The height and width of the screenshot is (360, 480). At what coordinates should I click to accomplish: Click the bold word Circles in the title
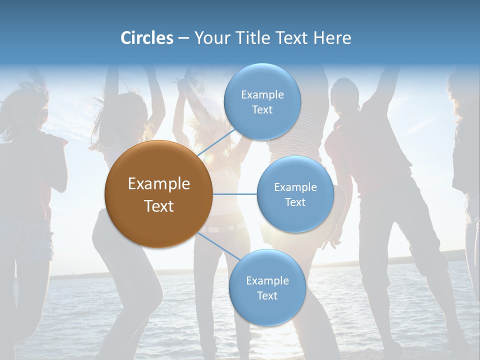click(x=146, y=38)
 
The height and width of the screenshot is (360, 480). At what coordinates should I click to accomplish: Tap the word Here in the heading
click(x=332, y=38)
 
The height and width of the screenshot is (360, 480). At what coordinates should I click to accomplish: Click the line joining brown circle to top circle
click(x=216, y=142)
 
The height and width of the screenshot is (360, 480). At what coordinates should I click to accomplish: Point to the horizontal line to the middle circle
click(x=234, y=194)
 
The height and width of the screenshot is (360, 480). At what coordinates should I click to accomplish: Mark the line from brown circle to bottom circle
click(x=218, y=246)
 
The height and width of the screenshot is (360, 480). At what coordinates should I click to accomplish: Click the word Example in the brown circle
click(x=158, y=184)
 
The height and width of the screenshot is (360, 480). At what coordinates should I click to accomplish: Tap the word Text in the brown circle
click(x=158, y=206)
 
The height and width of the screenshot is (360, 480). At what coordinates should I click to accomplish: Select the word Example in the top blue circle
click(x=262, y=94)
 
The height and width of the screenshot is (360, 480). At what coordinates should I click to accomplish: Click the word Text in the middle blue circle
click(x=295, y=202)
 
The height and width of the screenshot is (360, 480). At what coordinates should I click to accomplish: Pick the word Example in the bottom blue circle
click(x=267, y=280)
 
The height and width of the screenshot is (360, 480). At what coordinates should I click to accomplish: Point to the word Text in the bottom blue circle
click(x=267, y=295)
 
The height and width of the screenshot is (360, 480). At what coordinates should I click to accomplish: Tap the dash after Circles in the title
click(x=183, y=38)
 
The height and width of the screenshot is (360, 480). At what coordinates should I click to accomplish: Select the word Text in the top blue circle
click(x=262, y=109)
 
